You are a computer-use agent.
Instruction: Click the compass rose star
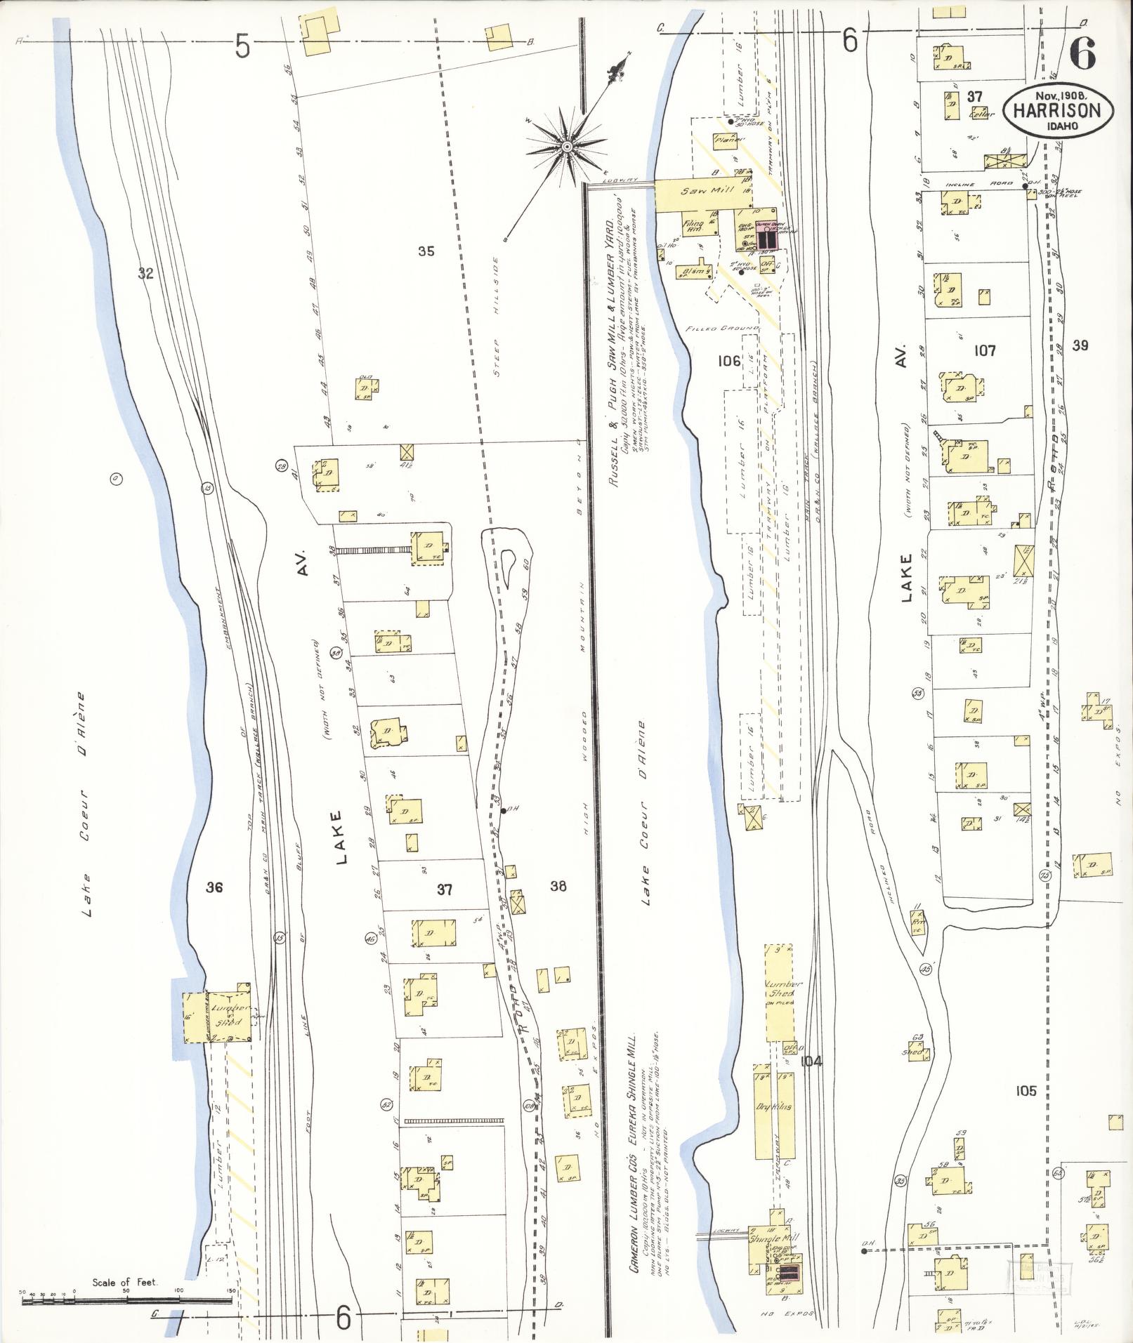click(565, 146)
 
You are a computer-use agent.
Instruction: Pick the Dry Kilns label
click(773, 1106)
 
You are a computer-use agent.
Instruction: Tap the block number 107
click(985, 350)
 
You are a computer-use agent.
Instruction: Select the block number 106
click(729, 361)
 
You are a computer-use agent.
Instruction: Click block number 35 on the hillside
click(426, 251)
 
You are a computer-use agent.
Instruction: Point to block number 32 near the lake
click(145, 274)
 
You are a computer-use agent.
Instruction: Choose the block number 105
click(1026, 1091)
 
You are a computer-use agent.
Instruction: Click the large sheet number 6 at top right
click(1082, 55)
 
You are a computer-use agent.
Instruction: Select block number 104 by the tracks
click(811, 1061)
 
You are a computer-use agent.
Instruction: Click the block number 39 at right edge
click(1080, 345)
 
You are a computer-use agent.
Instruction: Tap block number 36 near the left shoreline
click(214, 888)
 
